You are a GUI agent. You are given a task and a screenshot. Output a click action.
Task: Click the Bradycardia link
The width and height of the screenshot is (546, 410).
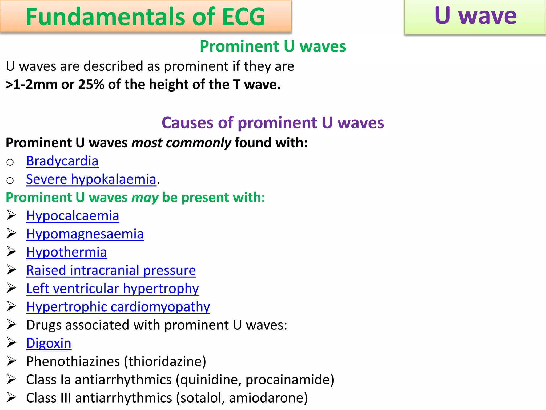click(62, 161)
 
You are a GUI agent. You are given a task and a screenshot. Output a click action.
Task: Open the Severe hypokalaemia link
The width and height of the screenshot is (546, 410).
click(91, 179)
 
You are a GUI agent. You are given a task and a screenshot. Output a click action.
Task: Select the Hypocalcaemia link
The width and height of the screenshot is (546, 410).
click(73, 216)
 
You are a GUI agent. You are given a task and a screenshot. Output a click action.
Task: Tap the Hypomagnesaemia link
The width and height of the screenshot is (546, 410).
click(85, 234)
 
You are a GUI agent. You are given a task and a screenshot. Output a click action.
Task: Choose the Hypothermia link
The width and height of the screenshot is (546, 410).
click(66, 252)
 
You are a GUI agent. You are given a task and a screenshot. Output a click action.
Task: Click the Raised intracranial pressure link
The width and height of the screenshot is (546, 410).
click(111, 270)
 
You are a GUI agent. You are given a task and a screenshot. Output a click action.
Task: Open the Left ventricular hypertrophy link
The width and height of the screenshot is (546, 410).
click(112, 289)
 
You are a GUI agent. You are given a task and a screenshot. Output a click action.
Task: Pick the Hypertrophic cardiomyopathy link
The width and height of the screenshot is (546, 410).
click(118, 307)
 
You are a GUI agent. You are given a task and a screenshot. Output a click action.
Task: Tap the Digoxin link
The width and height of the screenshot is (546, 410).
click(49, 343)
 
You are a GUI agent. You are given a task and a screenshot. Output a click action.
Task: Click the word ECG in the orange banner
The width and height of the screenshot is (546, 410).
click(243, 17)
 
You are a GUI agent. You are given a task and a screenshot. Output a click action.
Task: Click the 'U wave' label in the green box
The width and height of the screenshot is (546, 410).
click(475, 16)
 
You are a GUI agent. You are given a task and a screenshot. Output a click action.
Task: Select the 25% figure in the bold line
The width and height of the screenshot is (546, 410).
click(91, 85)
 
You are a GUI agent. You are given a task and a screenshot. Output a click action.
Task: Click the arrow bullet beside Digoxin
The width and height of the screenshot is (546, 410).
click(11, 343)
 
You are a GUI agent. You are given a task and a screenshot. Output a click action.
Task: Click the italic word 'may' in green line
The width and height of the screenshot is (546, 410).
click(145, 198)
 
